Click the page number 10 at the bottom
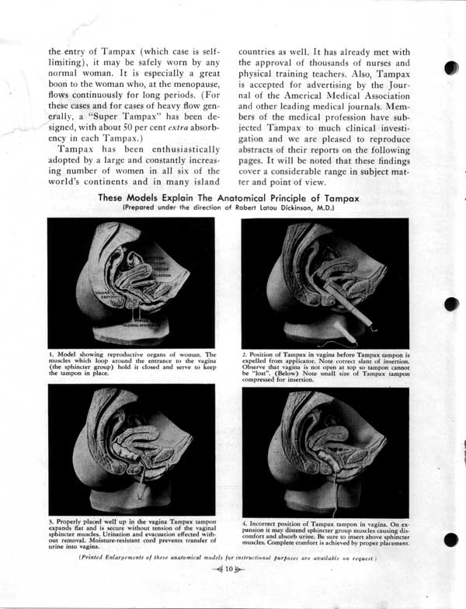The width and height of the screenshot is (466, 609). click(x=230, y=572)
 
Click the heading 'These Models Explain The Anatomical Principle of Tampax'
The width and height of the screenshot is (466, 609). click(x=228, y=199)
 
